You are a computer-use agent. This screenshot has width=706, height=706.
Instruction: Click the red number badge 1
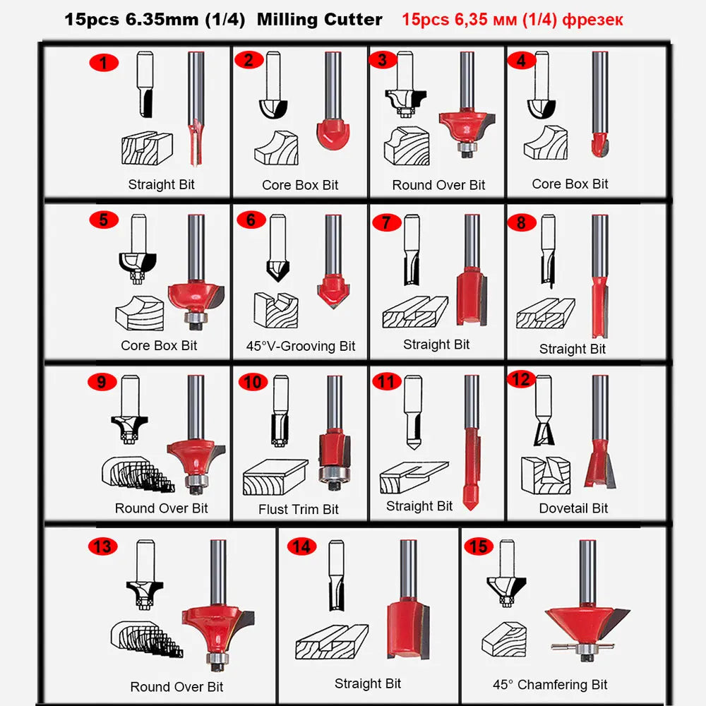point(104,63)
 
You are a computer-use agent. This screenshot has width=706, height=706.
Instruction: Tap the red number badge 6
point(251,220)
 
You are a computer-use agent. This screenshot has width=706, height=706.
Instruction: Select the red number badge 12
point(521,379)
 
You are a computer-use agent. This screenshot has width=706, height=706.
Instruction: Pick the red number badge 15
point(479,546)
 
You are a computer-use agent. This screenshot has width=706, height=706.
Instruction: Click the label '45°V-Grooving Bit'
point(301,346)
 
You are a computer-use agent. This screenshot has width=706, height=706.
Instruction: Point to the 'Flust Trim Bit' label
point(299,509)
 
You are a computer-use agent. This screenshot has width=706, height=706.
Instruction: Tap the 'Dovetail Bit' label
point(573,508)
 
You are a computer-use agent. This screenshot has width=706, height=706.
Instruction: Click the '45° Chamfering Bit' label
point(550,685)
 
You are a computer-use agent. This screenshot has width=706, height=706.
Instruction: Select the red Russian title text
point(513,20)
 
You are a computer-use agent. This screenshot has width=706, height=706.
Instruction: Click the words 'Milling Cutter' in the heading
point(320,19)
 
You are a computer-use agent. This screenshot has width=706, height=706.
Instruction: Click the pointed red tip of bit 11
point(470,499)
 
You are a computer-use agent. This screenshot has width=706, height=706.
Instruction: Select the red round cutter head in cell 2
point(333,133)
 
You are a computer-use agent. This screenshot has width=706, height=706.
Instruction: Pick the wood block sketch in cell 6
point(276,310)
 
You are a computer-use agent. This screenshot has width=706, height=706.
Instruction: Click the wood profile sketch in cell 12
point(546,475)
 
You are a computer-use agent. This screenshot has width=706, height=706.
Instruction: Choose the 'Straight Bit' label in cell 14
point(367,683)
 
